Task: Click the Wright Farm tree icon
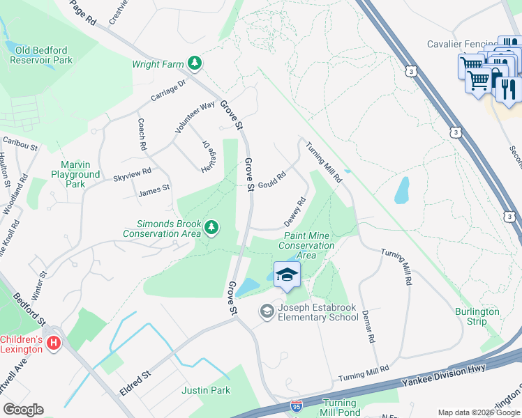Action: pos(195,64)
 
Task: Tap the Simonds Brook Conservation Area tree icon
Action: pos(211,227)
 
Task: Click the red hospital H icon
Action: pos(53,343)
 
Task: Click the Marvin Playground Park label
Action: pos(75,175)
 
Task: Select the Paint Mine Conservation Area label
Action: pos(306,245)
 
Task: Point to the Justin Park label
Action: pos(206,390)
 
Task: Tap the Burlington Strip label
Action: pos(477,316)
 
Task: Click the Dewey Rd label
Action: pos(295,212)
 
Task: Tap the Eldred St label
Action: pos(135,382)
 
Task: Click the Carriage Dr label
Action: pos(167,90)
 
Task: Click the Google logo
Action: pos(23,410)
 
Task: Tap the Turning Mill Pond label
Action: pos(341,408)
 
